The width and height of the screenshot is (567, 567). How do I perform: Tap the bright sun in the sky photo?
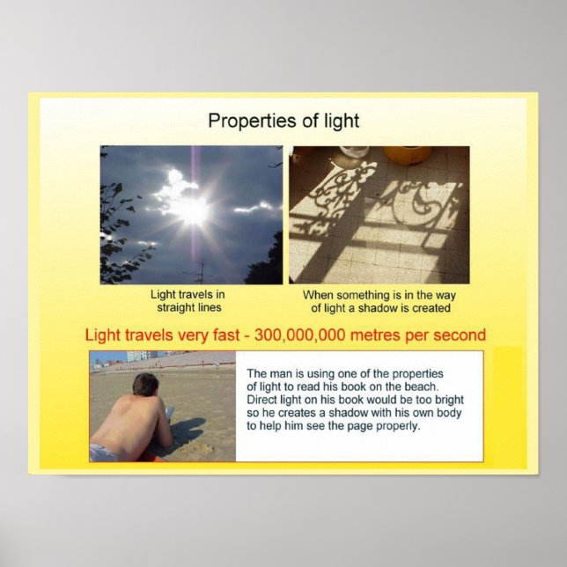(x=192, y=209)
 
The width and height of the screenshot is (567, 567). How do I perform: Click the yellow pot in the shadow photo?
(x=407, y=155)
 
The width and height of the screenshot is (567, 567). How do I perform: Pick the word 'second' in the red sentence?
(x=459, y=335)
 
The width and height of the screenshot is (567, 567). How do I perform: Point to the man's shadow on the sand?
(x=187, y=431)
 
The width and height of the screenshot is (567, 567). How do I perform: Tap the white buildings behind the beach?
(x=139, y=357)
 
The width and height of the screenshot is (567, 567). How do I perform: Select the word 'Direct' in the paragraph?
(x=264, y=400)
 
